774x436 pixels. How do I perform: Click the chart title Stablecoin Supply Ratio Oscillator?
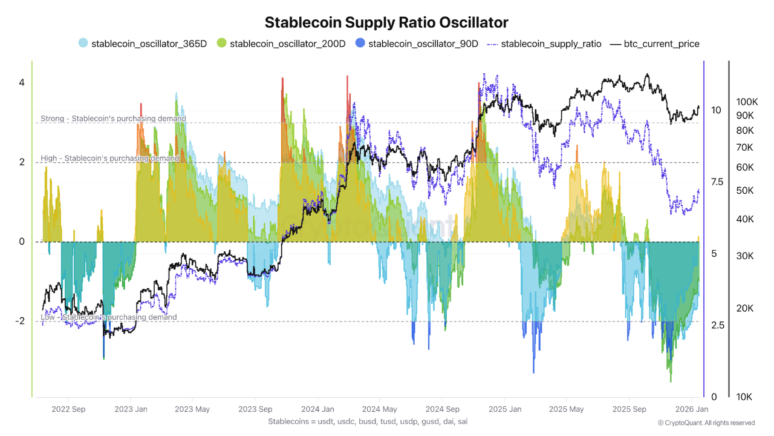tap(387, 22)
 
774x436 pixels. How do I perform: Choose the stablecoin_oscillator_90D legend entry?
tap(417, 44)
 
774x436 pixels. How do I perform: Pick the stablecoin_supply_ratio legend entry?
tap(544, 44)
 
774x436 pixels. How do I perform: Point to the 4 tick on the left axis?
tap(21, 82)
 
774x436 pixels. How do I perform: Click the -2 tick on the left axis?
tap(19, 321)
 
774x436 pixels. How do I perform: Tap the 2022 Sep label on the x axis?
tap(68, 409)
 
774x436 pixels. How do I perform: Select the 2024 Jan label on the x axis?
tap(317, 409)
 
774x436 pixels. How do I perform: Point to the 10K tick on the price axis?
tap(744, 397)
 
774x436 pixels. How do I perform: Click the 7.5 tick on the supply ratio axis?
tap(717, 182)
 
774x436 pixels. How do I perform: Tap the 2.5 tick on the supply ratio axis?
tap(717, 325)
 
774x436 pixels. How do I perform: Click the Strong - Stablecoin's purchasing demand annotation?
tap(113, 119)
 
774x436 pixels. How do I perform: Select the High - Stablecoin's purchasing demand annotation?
tap(109, 158)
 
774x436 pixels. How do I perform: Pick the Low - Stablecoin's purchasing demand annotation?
tap(109, 317)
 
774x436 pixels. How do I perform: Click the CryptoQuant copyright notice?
tap(706, 423)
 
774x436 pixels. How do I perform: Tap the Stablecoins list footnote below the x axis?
tap(367, 421)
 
